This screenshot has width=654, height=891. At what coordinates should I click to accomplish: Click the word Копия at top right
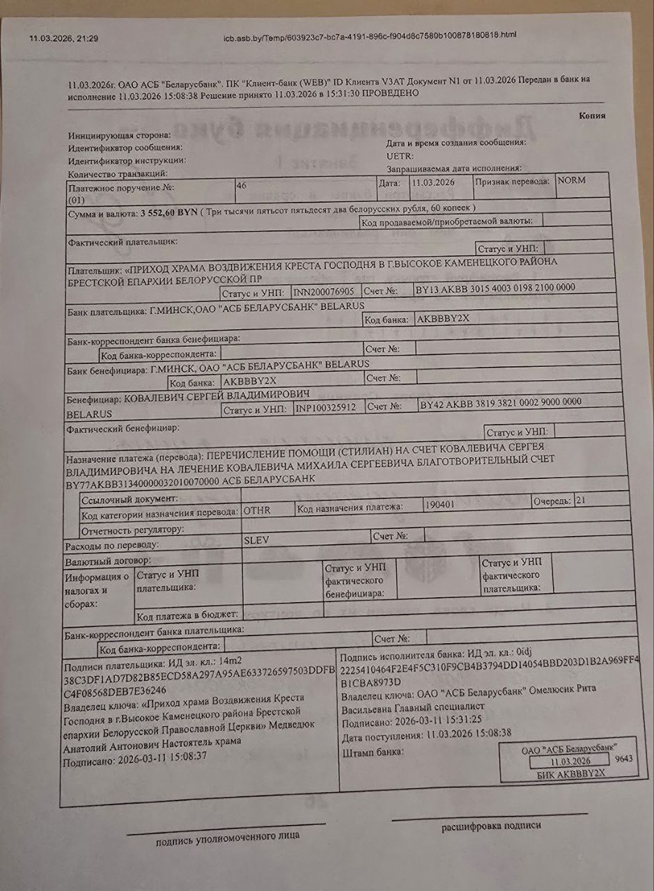(591, 116)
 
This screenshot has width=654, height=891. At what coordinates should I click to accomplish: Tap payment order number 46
(242, 185)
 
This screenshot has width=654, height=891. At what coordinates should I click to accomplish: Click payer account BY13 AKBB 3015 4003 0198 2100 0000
(495, 287)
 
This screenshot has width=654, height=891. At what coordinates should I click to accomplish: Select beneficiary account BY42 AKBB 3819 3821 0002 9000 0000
(500, 403)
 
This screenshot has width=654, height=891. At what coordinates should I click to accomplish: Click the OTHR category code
(257, 510)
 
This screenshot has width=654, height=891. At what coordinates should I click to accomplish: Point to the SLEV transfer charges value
(257, 539)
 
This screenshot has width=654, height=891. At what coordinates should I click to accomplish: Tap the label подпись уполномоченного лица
(228, 837)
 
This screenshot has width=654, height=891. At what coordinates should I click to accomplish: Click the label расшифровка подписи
(490, 826)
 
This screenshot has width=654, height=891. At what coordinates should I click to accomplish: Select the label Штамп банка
(373, 753)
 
